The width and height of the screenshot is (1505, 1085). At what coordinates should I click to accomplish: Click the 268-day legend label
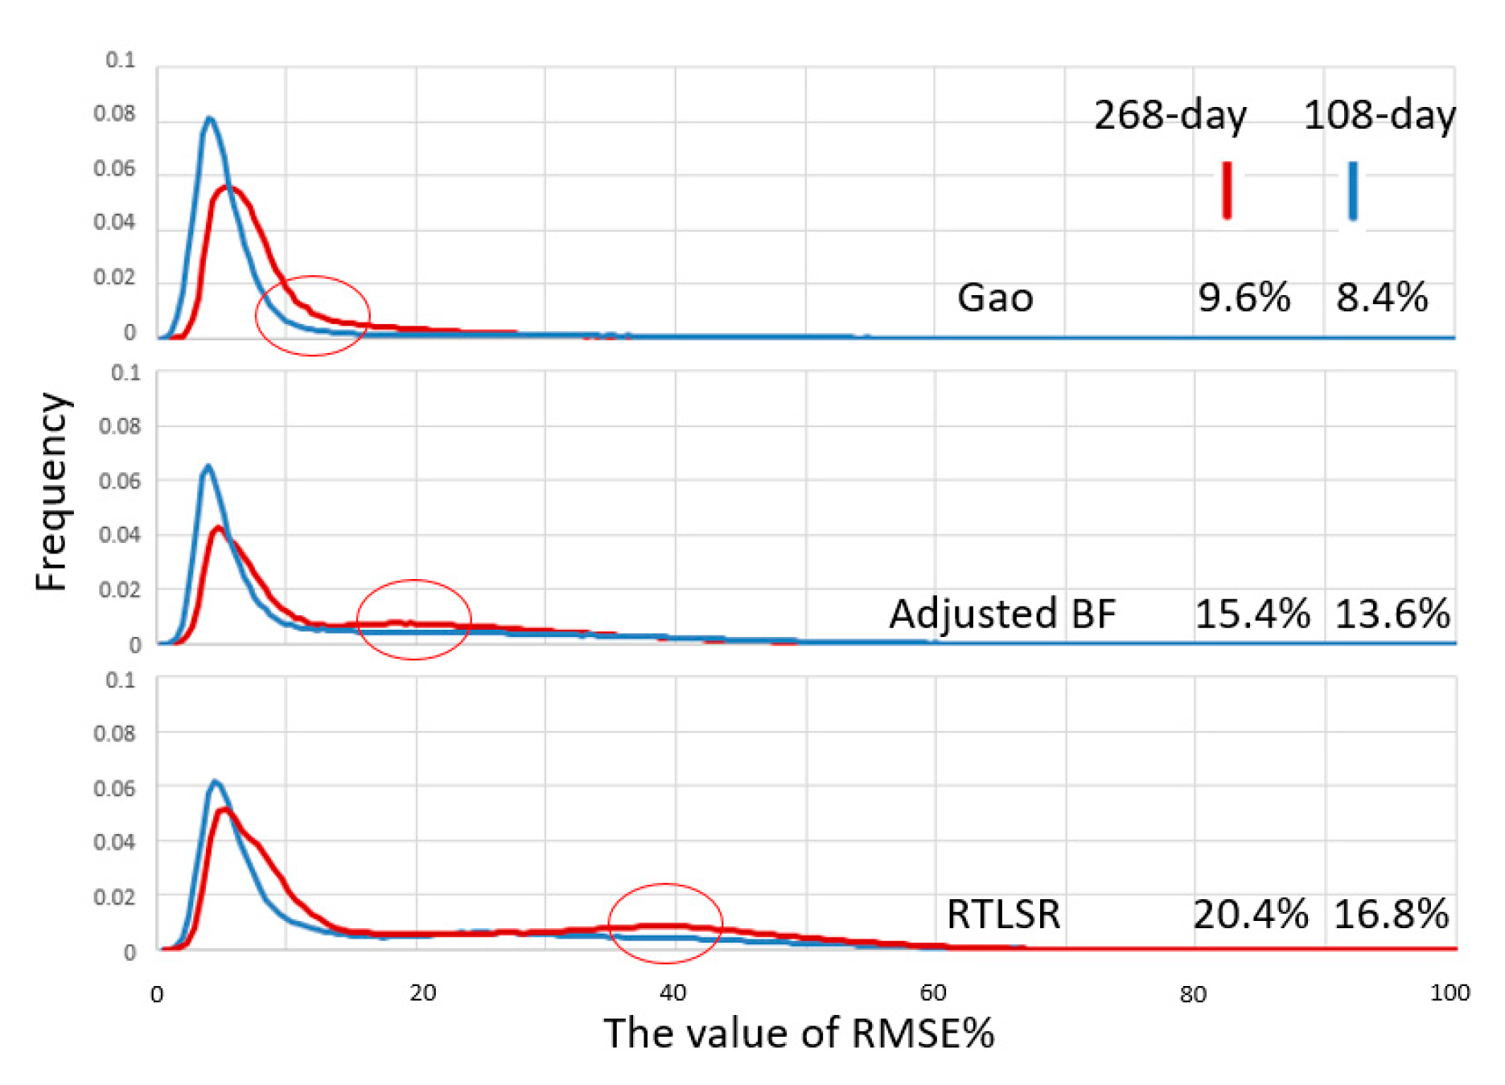1170,115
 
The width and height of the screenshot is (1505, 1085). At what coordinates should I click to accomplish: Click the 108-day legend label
1379,115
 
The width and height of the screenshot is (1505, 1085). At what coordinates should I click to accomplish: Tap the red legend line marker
1227,191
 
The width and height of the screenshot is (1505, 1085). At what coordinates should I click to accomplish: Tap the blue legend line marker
1353,191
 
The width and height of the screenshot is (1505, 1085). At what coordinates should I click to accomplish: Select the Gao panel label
995,298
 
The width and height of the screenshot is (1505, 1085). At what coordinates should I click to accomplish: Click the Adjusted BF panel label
1002,614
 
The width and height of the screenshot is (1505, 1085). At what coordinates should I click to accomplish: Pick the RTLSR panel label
1003,914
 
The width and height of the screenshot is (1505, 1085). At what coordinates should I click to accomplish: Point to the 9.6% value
1244,298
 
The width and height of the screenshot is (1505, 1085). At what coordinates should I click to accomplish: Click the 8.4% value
1382,298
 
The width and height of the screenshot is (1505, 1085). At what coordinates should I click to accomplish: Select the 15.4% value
1252,614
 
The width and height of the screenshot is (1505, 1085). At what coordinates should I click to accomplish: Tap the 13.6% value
1392,614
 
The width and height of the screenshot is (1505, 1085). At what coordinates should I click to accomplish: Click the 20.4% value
1250,914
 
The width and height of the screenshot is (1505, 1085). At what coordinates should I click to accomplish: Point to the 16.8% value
1391,914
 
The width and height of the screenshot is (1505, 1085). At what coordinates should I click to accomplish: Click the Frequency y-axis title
51,492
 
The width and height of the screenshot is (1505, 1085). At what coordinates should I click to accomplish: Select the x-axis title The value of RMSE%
799,1033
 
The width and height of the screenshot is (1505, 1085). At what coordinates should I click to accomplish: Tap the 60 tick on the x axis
932,993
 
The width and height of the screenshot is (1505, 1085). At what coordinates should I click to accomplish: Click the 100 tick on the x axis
1449,993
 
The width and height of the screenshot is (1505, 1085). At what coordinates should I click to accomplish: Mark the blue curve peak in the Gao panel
210,119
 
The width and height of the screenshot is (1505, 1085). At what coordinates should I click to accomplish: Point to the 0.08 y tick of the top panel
114,114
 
